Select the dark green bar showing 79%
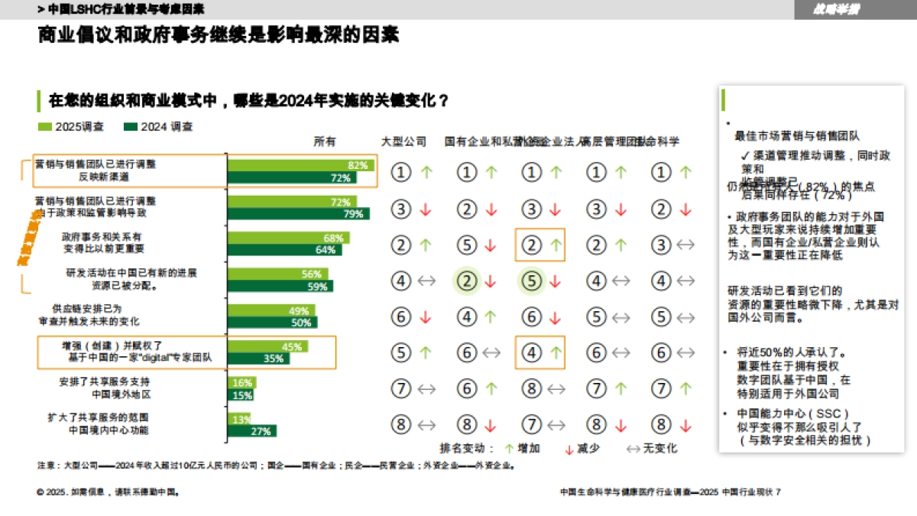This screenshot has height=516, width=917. click(x=298, y=214)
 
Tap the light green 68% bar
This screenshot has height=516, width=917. click(x=288, y=238)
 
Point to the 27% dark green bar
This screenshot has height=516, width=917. click(x=251, y=431)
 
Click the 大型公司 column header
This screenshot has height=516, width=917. click(x=403, y=141)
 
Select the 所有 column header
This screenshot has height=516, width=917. click(x=325, y=141)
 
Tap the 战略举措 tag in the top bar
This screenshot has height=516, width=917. click(x=837, y=9)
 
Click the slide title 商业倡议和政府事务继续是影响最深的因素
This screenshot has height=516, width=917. click(x=219, y=35)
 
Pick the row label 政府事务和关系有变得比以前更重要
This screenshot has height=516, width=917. click(x=102, y=243)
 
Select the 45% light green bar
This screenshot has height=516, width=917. click(x=267, y=346)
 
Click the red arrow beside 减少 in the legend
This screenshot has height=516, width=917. click(x=569, y=449)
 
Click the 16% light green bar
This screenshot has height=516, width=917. click(x=241, y=383)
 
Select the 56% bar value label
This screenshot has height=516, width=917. click(x=311, y=274)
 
